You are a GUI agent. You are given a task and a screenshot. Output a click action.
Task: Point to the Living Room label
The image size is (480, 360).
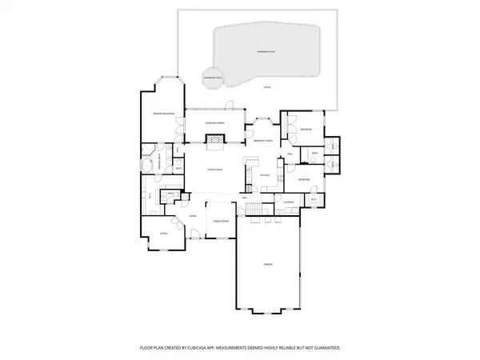214,170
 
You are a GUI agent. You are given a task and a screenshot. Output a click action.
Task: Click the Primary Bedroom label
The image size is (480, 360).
164,114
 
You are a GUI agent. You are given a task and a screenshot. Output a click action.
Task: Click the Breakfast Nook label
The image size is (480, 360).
265,141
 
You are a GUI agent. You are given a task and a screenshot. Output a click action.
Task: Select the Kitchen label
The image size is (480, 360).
267,174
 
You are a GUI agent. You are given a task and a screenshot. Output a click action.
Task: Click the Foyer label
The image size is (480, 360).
193,216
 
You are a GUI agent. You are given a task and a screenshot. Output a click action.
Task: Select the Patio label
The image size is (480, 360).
267,87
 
